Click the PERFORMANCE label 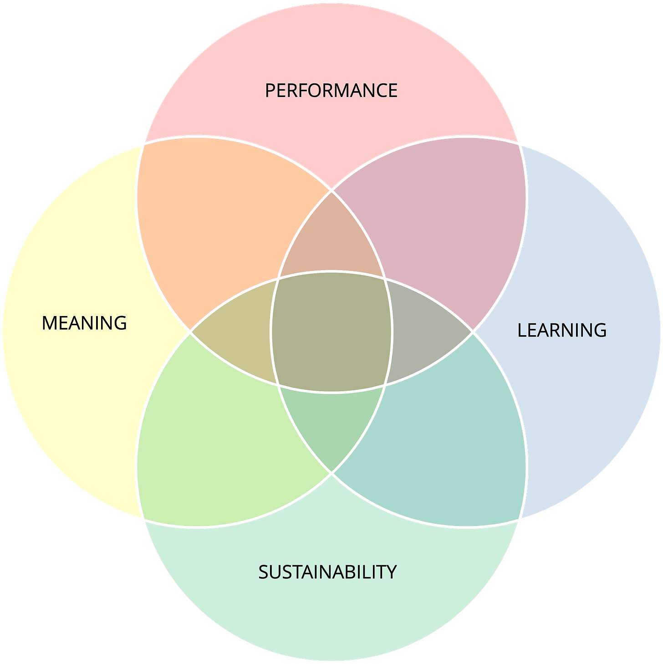click(331, 91)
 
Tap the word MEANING click(84, 323)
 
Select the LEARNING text click(562, 330)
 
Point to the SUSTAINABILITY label click(327, 572)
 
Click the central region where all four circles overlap click(331, 332)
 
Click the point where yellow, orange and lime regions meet click(189, 332)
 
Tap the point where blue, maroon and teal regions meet click(474, 332)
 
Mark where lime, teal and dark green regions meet click(331, 474)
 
